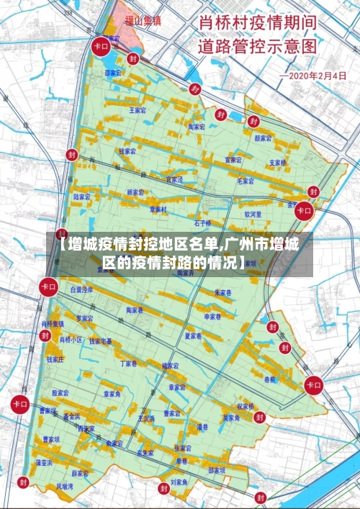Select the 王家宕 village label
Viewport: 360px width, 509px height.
(137, 110)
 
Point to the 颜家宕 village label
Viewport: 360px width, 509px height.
(262, 138)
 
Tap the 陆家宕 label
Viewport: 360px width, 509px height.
(82, 196)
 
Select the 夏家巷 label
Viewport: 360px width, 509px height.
(192, 335)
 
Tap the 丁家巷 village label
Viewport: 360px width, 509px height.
(128, 364)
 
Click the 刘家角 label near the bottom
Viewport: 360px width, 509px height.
(179, 481)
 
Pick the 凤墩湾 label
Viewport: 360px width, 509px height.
(65, 487)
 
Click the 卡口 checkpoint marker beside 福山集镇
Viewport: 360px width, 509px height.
(100, 46)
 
